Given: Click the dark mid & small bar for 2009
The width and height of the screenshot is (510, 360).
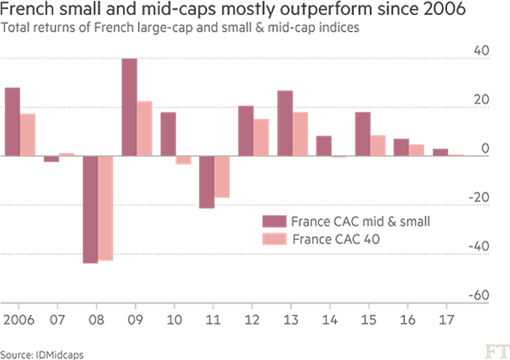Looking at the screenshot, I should [129, 107].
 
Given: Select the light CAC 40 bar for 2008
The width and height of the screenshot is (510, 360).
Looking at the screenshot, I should [105, 208].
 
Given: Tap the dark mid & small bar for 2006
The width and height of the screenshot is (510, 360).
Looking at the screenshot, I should [12, 121].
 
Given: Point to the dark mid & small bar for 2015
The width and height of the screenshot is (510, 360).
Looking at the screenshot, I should [363, 134].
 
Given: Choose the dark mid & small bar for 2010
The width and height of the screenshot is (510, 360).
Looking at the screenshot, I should [168, 134].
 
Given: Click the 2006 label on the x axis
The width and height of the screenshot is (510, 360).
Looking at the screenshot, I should [19, 319].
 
